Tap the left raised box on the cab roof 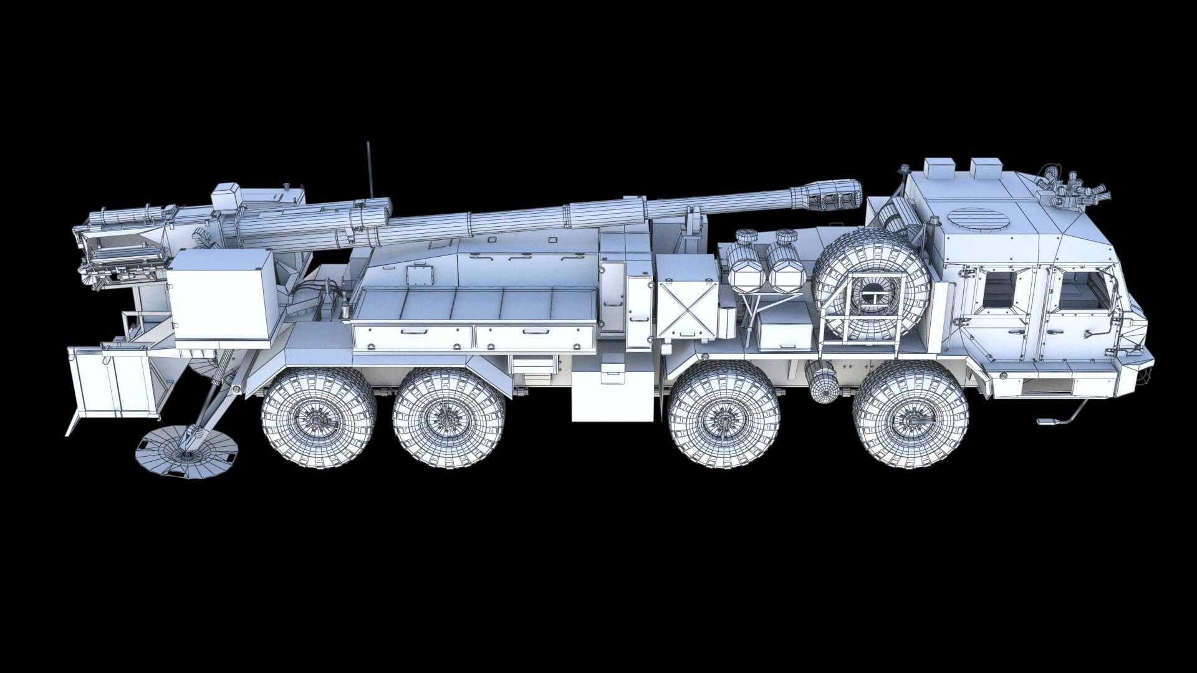[938, 168]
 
